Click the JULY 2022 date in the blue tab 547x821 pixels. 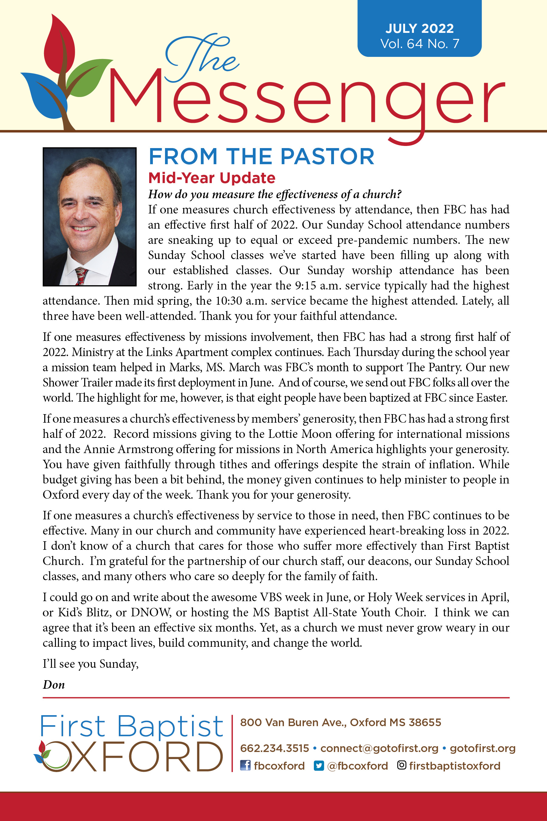[419, 29]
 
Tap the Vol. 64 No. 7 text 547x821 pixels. [419, 43]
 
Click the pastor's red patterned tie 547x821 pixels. [81, 276]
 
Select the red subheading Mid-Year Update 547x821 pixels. [212, 178]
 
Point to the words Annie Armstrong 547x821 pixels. [128, 449]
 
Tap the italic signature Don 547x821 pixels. [54, 684]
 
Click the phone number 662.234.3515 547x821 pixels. [274, 748]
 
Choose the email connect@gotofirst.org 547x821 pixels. [379, 748]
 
